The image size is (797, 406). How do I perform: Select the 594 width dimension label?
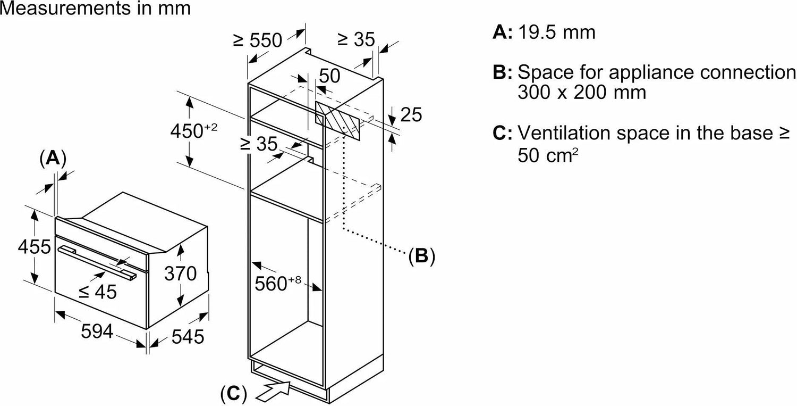click(x=97, y=332)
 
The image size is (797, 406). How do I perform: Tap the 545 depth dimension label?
click(x=187, y=337)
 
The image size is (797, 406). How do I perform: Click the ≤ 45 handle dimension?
click(x=98, y=291)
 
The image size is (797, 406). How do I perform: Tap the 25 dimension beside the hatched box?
click(x=410, y=114)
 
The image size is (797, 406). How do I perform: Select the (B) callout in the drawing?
click(x=421, y=256)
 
